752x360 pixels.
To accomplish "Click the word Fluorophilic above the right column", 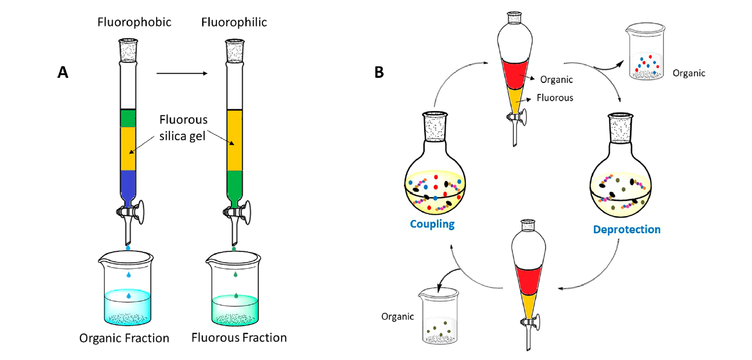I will [234, 23].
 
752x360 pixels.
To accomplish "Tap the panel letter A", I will [63, 73].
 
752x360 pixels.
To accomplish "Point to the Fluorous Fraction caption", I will [239, 338].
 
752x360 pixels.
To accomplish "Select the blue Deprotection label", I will [626, 229].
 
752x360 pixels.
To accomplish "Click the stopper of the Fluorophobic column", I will [128, 49].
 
